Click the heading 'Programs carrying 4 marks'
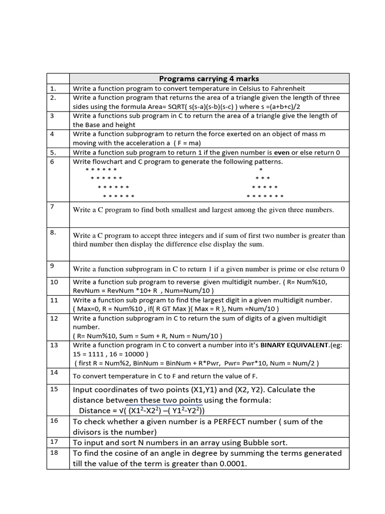209,78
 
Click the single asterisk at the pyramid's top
261,170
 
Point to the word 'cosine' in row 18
132,453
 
